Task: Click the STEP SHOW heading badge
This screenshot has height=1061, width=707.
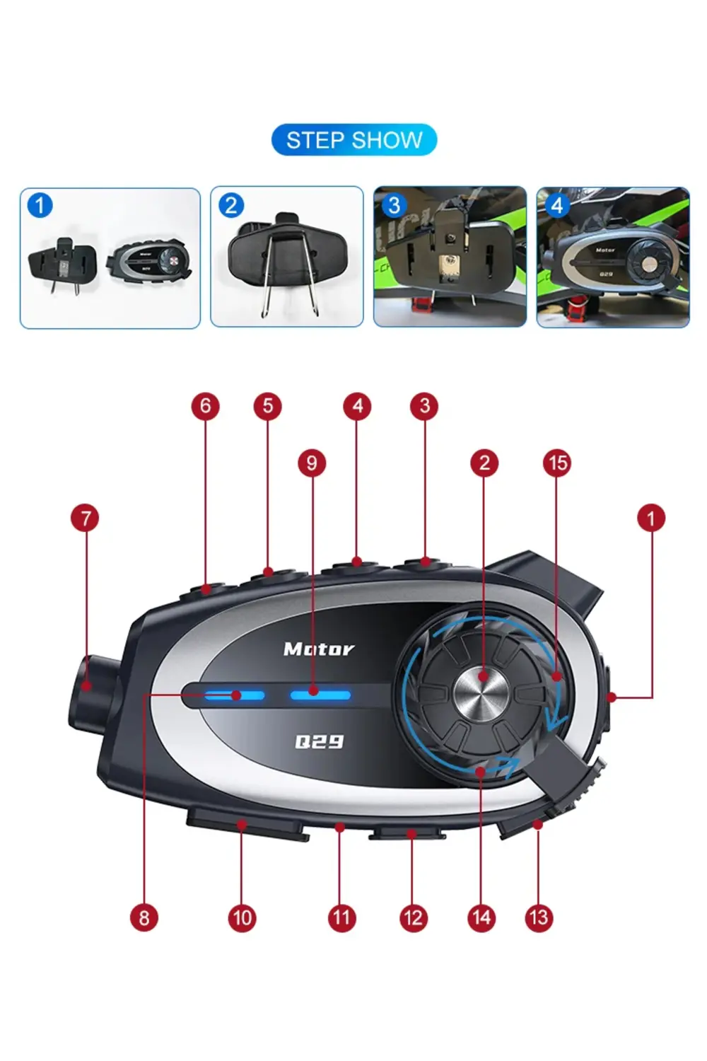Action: [354, 140]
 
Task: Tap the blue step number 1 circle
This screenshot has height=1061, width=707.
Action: [40, 205]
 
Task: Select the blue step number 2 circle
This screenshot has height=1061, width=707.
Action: [231, 205]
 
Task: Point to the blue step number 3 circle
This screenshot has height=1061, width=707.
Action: [394, 205]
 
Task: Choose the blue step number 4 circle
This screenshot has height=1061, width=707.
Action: [557, 205]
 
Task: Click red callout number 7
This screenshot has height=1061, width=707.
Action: [86, 518]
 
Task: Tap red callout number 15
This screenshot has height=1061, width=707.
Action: [557, 463]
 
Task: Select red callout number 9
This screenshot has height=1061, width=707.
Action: [312, 463]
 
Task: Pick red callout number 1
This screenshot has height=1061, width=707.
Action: [651, 518]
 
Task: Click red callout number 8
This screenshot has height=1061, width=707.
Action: [144, 918]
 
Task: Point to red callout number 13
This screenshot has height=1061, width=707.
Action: [539, 918]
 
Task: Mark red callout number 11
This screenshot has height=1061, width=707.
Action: [341, 918]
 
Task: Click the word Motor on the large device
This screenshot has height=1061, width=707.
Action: [319, 649]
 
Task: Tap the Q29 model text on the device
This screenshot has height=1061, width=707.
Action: [319, 741]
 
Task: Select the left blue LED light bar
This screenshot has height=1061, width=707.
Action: [234, 695]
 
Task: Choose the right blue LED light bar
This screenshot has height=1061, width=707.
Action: [320, 695]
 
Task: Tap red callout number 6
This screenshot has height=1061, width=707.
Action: [205, 406]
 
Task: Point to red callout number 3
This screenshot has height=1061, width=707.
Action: [424, 406]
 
